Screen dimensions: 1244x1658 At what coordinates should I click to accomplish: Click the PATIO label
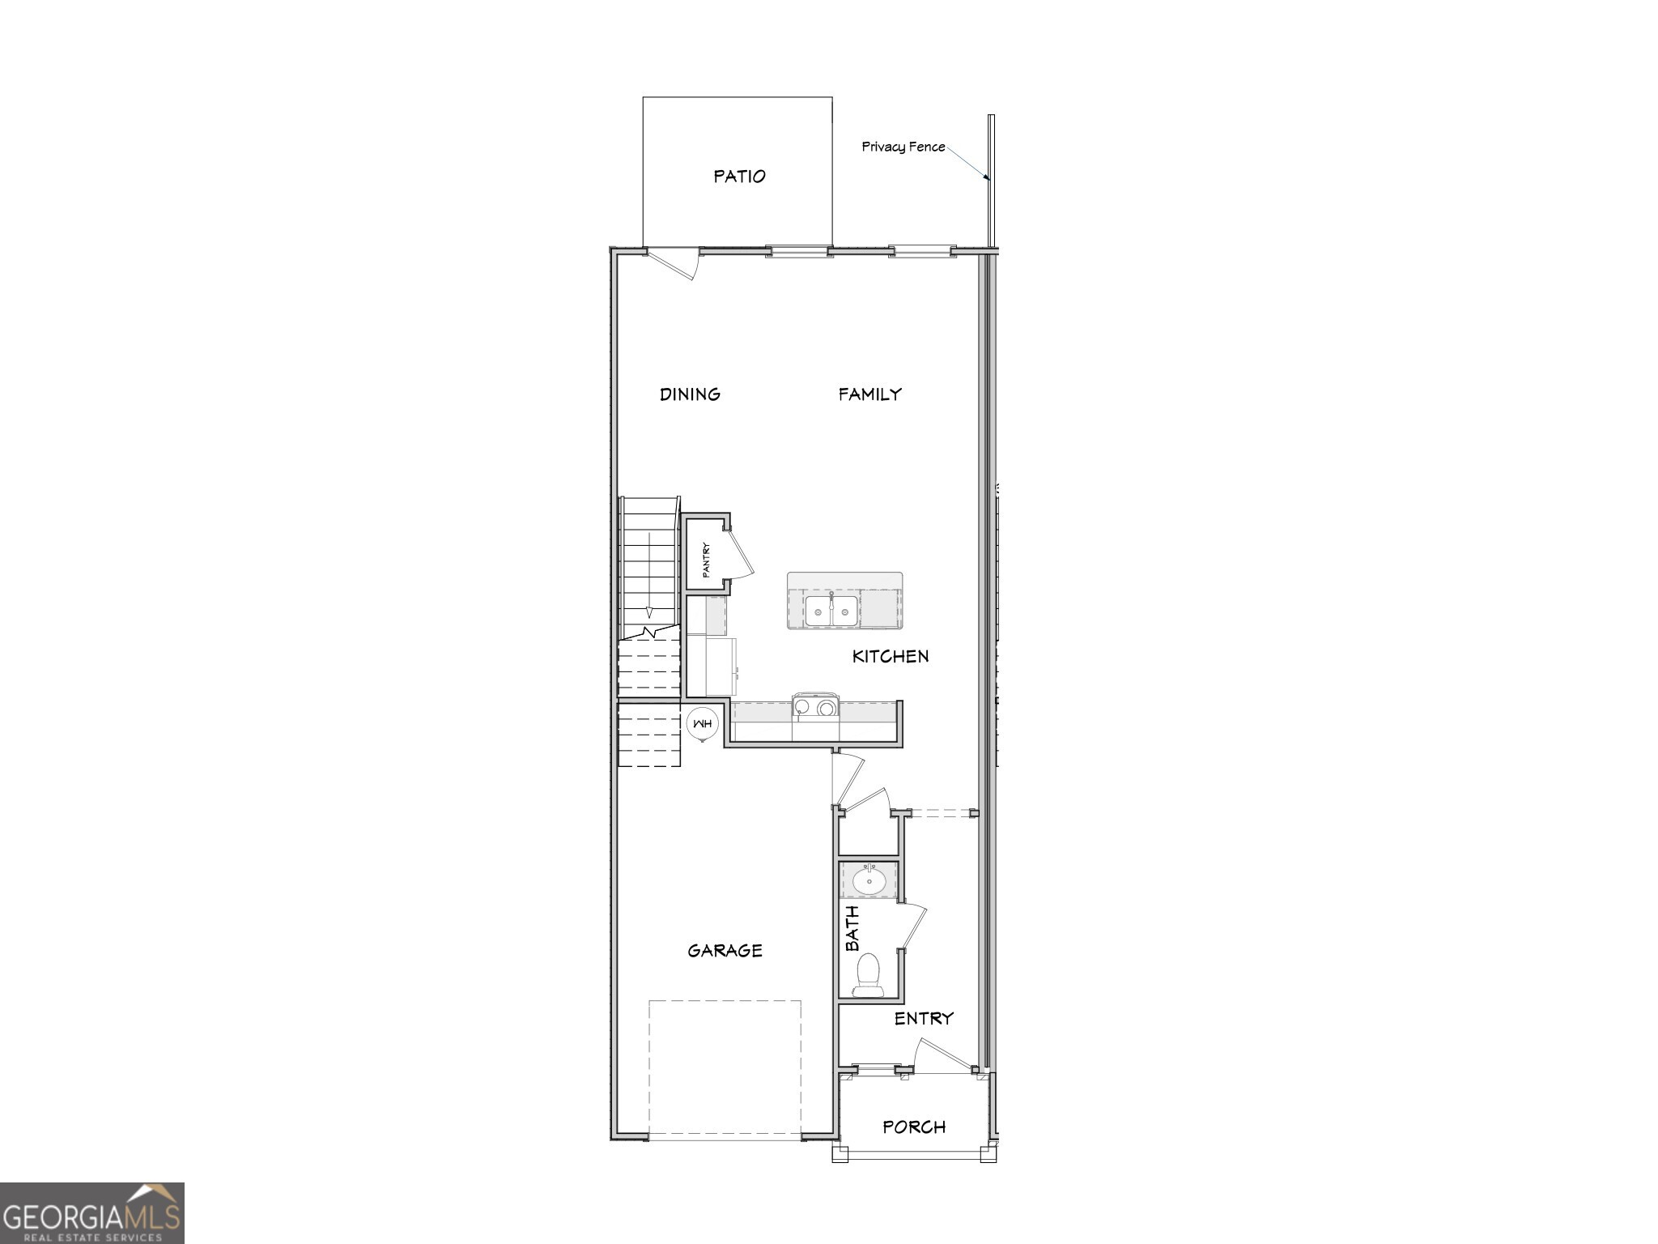[x=739, y=177]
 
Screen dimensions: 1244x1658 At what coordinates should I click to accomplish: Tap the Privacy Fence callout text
[x=903, y=147]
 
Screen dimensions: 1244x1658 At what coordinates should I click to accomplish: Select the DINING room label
[x=690, y=394]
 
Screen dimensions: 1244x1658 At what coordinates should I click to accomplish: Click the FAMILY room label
[x=869, y=394]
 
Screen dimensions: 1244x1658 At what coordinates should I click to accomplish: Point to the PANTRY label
[x=706, y=560]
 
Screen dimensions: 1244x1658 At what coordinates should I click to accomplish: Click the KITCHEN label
[x=890, y=656]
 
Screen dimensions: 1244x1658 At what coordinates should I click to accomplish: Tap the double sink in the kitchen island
[x=831, y=610]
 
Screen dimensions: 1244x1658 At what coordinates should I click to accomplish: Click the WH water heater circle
[x=701, y=723]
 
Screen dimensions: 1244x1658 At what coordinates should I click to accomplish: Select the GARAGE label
[x=725, y=951]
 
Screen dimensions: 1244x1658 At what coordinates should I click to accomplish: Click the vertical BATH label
[x=852, y=928]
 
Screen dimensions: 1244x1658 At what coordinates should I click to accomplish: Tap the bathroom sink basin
[x=869, y=880]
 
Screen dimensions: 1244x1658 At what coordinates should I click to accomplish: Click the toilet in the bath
[x=868, y=974]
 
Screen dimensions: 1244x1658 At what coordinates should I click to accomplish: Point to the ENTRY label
[x=924, y=1019]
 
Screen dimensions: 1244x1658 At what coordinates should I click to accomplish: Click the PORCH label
[x=914, y=1127]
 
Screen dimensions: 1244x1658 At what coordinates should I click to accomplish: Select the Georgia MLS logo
[x=92, y=1213]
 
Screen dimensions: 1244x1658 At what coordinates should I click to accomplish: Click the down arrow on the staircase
[x=648, y=611]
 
